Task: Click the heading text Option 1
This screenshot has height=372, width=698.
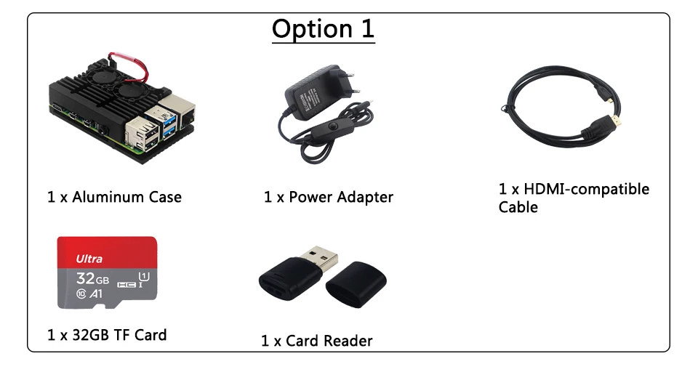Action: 323,29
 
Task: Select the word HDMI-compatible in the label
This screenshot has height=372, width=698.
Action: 587,189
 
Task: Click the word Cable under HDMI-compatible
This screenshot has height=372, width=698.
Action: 518,208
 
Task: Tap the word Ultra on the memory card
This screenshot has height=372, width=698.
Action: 89,259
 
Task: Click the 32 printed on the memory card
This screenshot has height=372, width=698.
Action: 86,278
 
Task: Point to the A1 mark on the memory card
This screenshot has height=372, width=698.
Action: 95,294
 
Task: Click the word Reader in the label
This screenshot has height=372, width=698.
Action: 348,341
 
